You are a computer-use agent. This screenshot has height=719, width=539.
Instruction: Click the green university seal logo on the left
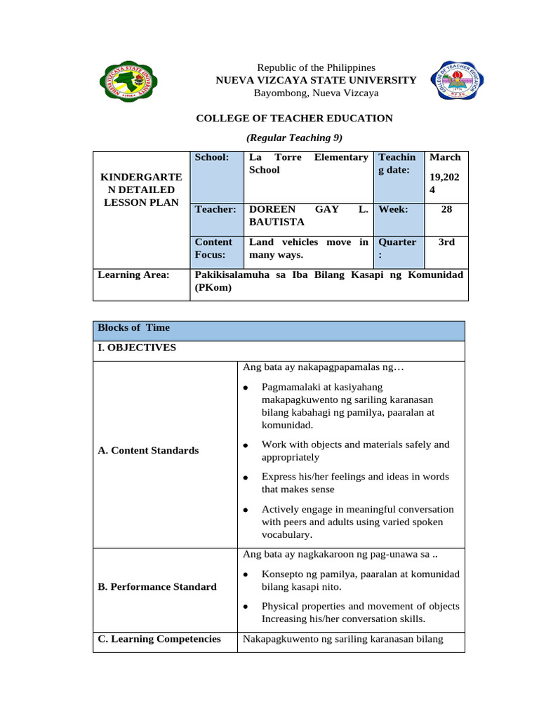128,81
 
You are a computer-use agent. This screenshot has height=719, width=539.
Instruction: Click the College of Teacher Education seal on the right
453,81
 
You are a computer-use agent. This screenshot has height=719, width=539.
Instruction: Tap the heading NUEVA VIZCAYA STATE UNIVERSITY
316,80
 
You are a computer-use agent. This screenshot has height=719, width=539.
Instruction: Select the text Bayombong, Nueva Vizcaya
316,93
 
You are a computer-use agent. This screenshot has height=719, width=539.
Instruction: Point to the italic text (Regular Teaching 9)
294,138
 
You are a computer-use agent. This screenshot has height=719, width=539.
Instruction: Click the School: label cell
212,158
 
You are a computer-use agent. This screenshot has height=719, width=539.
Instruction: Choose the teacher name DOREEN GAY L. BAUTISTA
309,216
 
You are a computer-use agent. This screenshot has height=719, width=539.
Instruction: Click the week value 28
446,209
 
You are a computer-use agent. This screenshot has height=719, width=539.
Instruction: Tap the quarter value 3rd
446,242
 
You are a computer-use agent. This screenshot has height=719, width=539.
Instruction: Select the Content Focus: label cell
213,249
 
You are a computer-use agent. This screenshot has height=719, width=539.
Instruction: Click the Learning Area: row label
133,275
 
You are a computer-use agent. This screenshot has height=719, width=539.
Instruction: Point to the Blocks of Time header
133,328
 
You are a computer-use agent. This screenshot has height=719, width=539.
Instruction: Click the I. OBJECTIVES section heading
137,348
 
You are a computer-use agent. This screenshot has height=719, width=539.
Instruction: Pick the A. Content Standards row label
148,451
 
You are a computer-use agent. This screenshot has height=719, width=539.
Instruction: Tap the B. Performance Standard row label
157,587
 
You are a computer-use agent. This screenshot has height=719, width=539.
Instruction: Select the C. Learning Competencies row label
159,639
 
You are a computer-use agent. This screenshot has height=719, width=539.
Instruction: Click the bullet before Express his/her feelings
246,477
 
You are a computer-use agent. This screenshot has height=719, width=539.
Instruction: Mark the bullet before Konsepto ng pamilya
246,575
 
